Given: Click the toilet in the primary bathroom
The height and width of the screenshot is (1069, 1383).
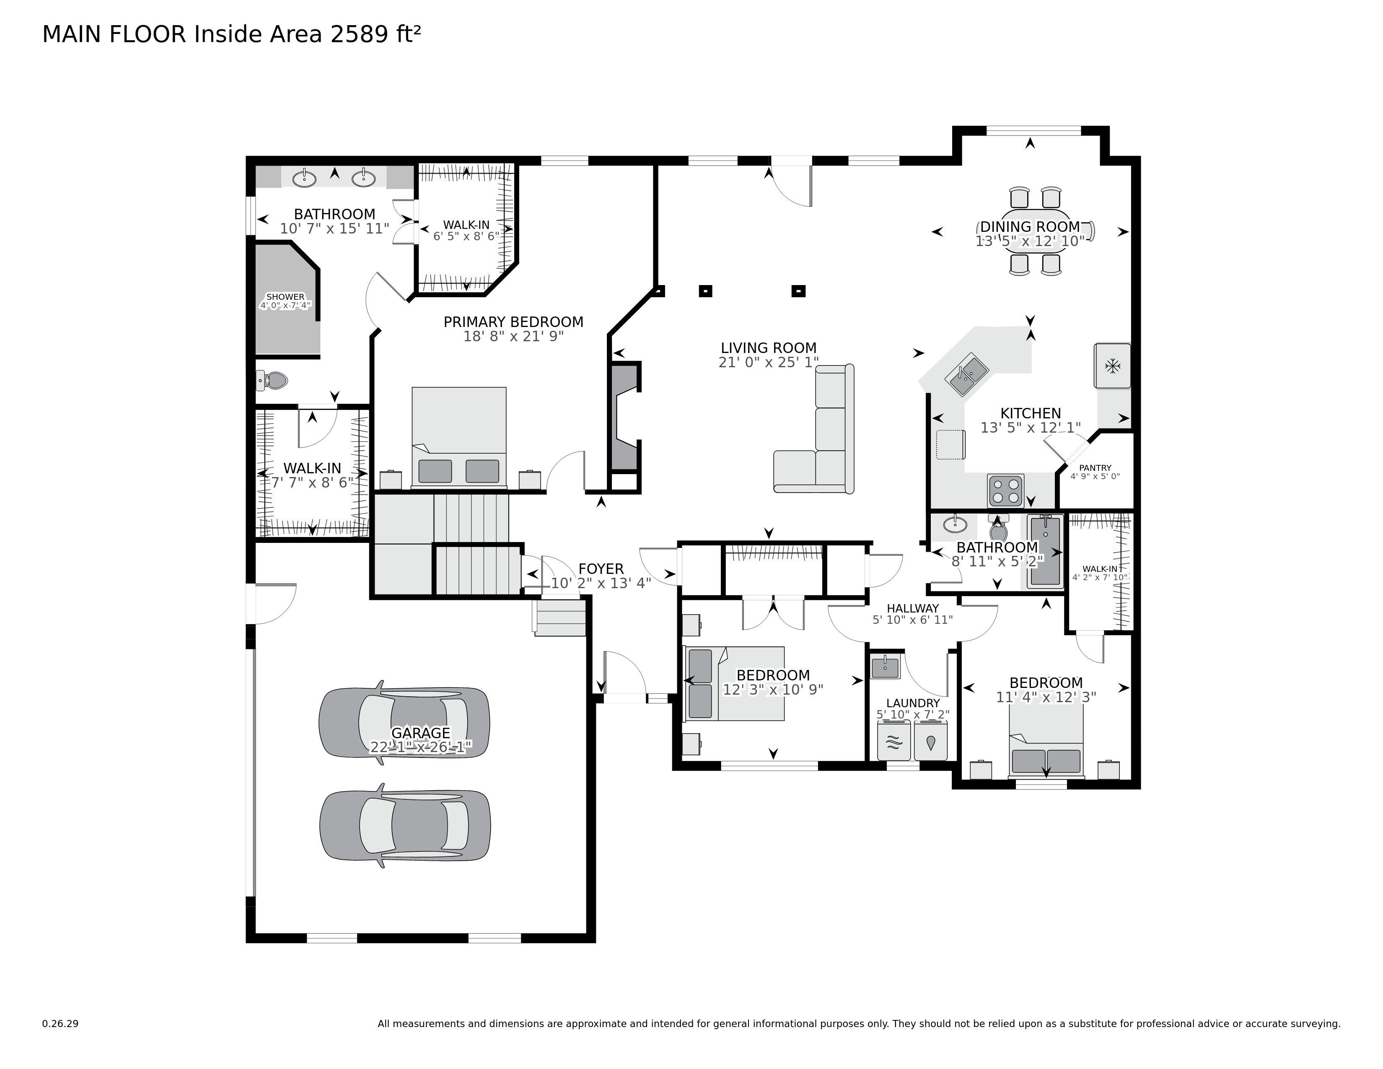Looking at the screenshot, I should (x=273, y=381).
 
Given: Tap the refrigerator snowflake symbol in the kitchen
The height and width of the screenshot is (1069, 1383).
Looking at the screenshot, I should (x=1113, y=366).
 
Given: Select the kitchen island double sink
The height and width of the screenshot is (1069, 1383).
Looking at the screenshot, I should (x=966, y=374).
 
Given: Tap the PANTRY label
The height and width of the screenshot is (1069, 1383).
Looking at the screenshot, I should (x=1095, y=468).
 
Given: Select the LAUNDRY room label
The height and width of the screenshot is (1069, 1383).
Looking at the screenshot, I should (x=912, y=703).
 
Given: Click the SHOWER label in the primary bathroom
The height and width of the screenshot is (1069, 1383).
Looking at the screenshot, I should (x=285, y=296).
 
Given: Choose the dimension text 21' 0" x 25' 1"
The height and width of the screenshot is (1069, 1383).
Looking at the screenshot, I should (x=768, y=362).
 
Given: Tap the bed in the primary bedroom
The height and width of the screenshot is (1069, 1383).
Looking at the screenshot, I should (x=458, y=437).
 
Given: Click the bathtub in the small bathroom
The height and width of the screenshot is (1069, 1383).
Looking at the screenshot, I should (x=1044, y=551).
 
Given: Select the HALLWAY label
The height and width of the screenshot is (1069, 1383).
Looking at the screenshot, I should (x=912, y=608).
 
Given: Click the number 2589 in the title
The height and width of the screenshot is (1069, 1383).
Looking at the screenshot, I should (x=357, y=34).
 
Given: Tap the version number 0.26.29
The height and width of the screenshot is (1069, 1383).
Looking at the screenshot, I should (x=60, y=1023).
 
